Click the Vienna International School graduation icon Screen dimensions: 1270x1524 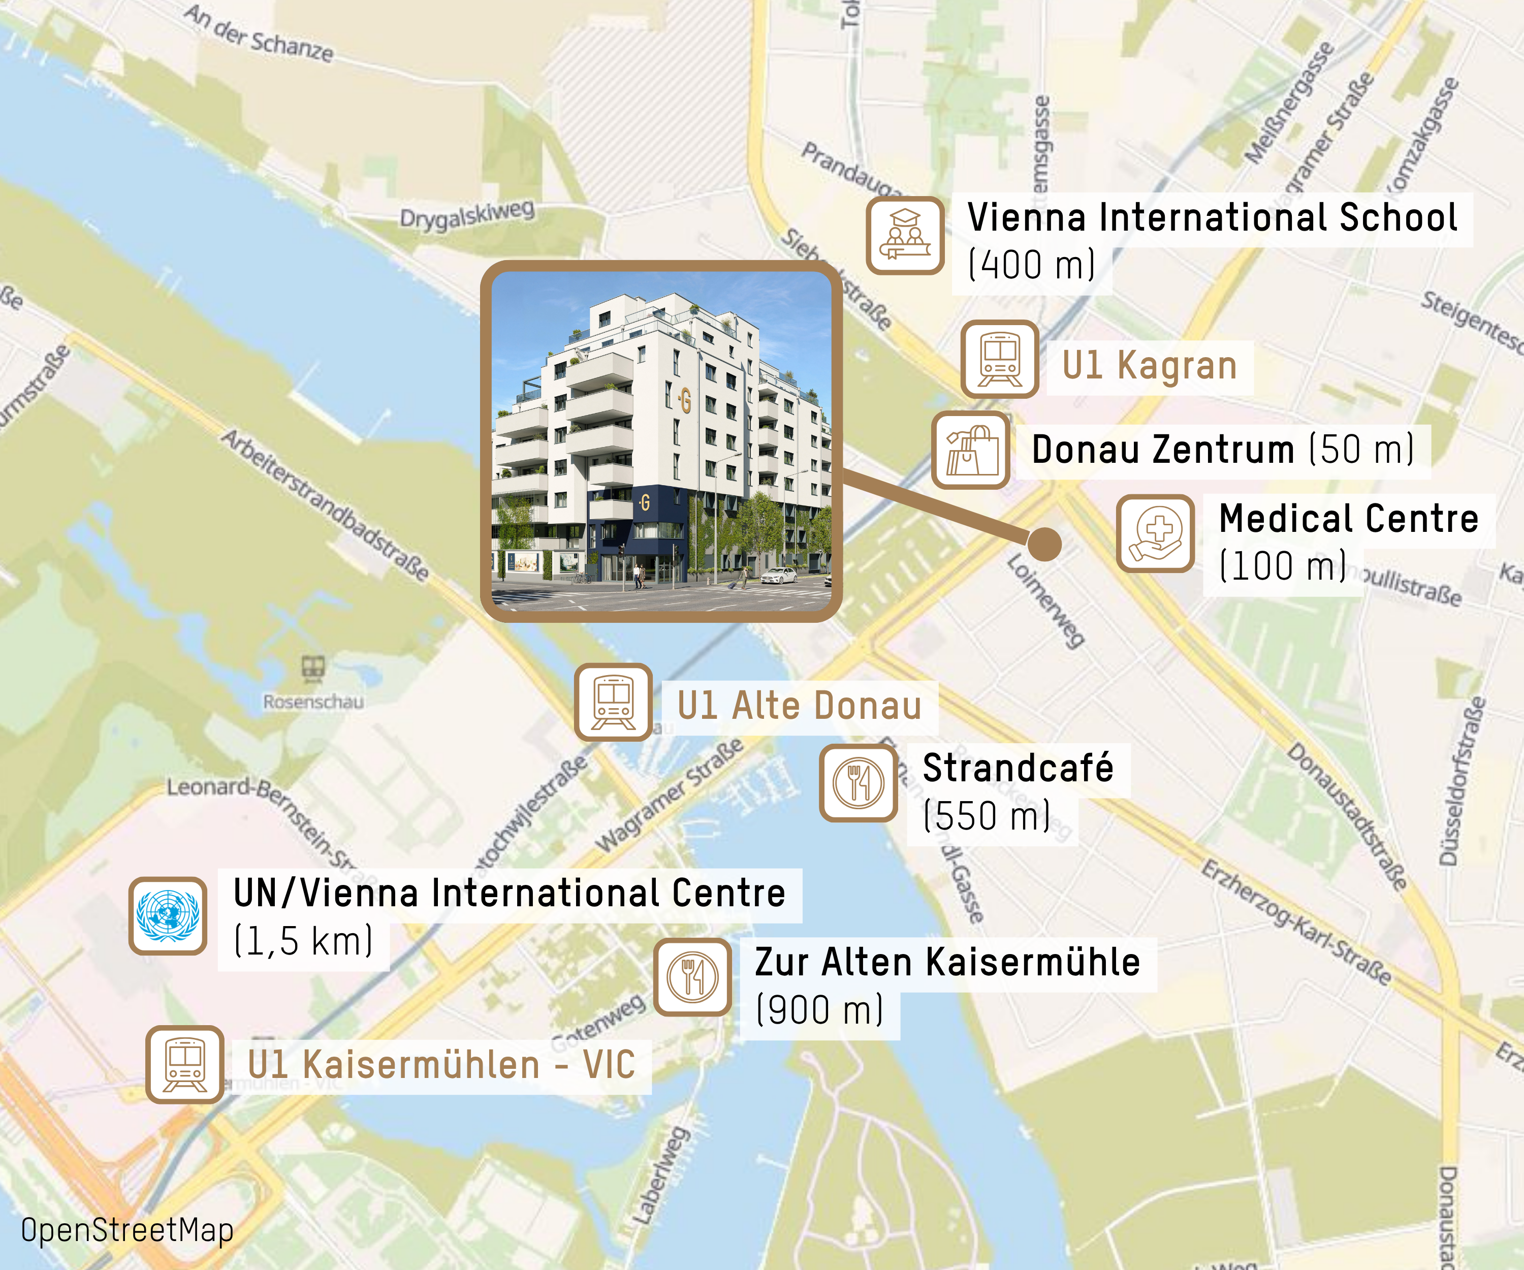coord(905,235)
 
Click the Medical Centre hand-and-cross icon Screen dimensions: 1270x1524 coord(1155,533)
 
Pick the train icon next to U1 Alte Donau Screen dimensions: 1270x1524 coord(613,702)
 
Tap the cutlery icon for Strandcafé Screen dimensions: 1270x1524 coord(859,782)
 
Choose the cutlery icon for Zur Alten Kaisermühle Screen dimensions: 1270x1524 coord(692,977)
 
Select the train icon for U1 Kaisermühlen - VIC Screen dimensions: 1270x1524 coord(185,1064)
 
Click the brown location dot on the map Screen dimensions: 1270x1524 coord(1044,544)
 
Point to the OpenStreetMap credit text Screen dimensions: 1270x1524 coord(127,1230)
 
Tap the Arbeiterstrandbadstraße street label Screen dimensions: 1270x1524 coord(325,505)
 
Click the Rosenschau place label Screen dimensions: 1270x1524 coord(313,702)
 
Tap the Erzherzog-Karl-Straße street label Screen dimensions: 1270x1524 coord(1296,922)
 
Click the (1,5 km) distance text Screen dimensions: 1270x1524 coord(303,941)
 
